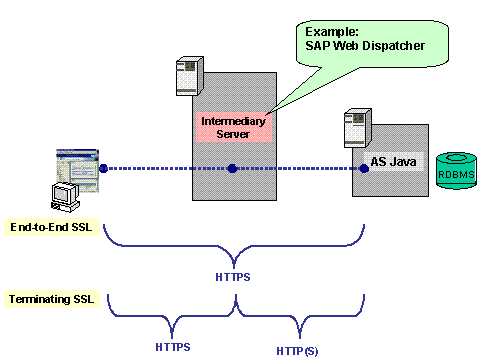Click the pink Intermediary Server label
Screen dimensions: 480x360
234,127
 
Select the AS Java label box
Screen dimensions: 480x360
394,162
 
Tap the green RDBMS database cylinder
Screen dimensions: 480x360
456,171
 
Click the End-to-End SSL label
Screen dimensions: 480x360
52,227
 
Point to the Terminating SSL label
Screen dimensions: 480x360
52,299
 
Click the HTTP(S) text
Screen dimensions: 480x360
297,351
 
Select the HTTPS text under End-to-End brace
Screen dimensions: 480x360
233,277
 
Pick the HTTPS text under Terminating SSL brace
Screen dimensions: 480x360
173,347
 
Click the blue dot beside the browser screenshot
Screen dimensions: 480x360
103,168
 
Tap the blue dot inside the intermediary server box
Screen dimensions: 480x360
232,168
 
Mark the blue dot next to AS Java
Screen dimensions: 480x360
364,168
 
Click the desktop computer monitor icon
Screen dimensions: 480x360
65,197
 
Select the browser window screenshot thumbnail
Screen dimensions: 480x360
78,170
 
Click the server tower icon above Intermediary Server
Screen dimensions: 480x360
189,76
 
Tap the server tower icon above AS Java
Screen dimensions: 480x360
358,128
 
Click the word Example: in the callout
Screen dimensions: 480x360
332,32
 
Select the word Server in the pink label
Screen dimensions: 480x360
233,134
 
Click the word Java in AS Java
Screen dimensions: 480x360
403,162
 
